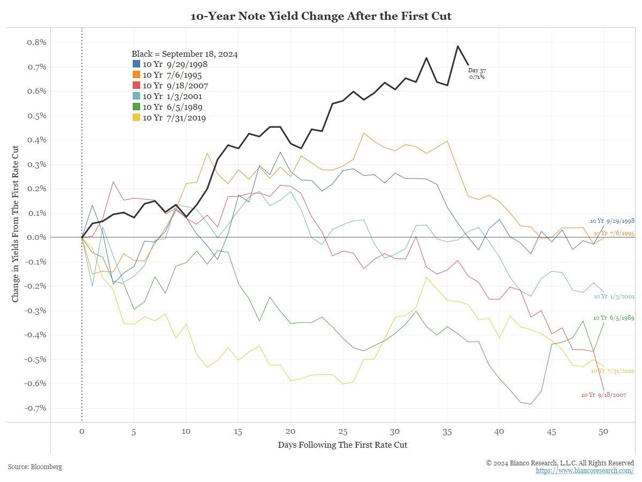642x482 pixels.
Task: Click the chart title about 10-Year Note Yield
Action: pos(321,16)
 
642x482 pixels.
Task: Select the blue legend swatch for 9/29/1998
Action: pos(136,64)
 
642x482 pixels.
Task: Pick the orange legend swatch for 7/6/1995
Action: pos(136,75)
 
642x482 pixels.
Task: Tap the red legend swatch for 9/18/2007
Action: pos(136,86)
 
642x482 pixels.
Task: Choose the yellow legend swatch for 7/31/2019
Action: pos(136,118)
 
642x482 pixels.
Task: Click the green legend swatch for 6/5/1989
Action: pos(136,107)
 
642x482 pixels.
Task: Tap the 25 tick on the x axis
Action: pos(342,432)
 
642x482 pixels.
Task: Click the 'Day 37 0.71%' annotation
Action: pos(477,73)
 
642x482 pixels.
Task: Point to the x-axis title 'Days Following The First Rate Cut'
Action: pos(342,445)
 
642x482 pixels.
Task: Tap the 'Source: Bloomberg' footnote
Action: pos(35,467)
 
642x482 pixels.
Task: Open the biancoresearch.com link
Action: pos(585,470)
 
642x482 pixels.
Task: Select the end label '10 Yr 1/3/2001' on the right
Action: pos(614,296)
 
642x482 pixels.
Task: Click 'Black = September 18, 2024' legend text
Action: pos(185,54)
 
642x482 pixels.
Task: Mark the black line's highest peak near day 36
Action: pos(458,46)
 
